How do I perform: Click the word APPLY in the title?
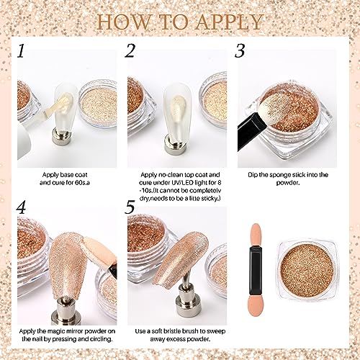(229, 22)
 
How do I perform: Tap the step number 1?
(21, 51)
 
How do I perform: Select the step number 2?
(130, 51)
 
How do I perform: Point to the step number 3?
(240, 51)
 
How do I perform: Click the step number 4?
(22, 207)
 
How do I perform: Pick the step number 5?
(130, 208)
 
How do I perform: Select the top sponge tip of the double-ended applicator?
(256, 236)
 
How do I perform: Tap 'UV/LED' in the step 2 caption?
(175, 183)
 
